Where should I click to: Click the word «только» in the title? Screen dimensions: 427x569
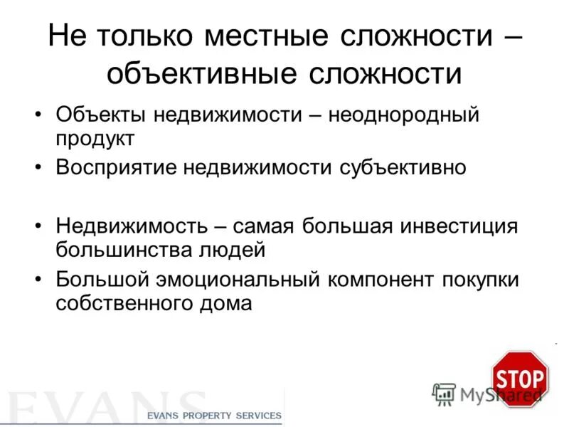(x=148, y=38)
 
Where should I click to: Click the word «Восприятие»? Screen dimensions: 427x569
(x=115, y=168)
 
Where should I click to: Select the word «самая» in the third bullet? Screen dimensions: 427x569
(x=265, y=228)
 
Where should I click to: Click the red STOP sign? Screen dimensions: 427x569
(x=520, y=379)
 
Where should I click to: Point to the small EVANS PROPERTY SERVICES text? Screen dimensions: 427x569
(x=214, y=416)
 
